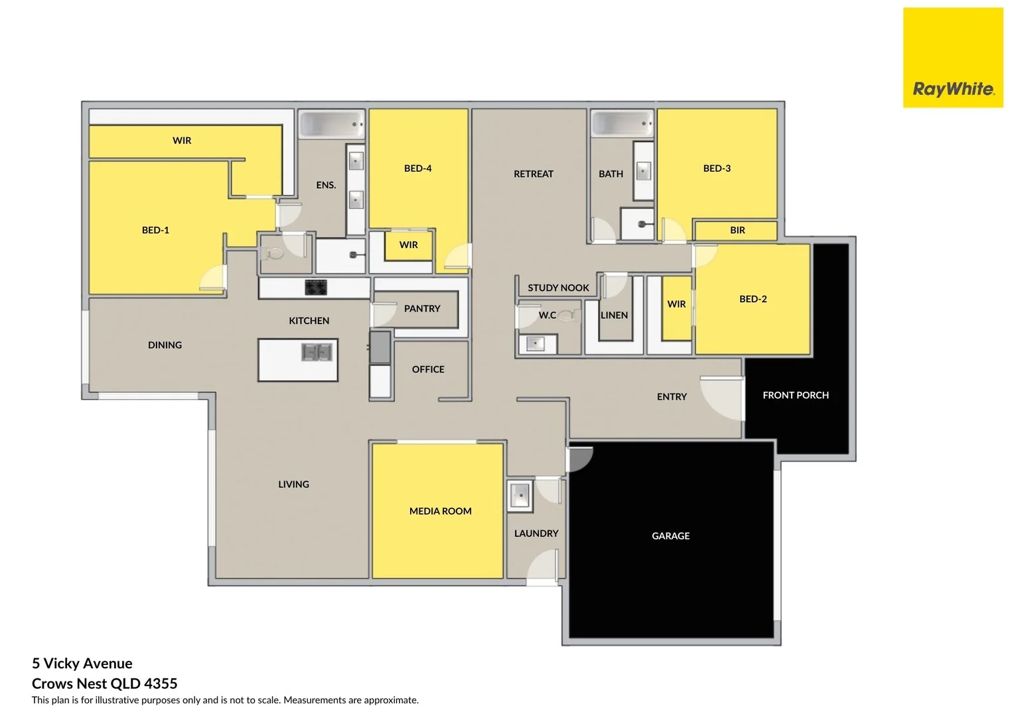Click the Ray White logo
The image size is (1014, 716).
click(x=952, y=58)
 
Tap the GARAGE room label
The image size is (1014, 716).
click(x=670, y=536)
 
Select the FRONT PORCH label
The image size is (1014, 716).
click(x=795, y=395)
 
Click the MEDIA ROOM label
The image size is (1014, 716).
click(x=440, y=511)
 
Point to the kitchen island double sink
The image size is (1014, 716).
click(x=317, y=352)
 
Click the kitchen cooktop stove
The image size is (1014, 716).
click(x=316, y=288)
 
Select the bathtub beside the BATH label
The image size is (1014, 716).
click(x=622, y=123)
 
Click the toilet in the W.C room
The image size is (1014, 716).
click(x=567, y=316)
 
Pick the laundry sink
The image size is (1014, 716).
click(x=520, y=495)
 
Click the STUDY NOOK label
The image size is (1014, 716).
click(x=558, y=288)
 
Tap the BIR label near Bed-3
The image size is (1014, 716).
click(x=737, y=230)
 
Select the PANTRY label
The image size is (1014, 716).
click(x=422, y=308)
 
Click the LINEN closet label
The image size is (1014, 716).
click(x=614, y=315)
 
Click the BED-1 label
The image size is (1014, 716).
click(x=155, y=230)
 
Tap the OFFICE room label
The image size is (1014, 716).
click(x=428, y=369)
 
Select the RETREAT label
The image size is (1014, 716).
click(x=533, y=174)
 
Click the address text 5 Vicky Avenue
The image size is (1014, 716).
click(x=82, y=663)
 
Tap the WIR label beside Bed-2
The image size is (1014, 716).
click(x=676, y=304)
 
